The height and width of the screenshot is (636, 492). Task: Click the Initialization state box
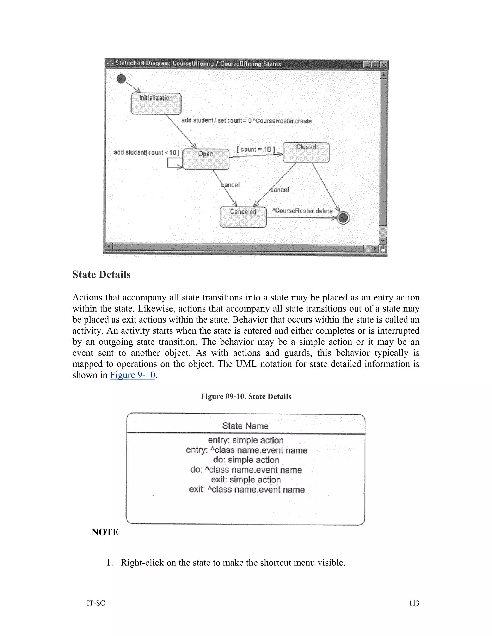coord(156,104)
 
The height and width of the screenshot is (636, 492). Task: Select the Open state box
coord(206,159)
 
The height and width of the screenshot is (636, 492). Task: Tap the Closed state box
coord(306,152)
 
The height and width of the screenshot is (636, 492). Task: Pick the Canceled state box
coord(243,217)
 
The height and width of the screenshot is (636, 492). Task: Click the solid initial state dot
coord(121,79)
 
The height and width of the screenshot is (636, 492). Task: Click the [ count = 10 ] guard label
coord(256,149)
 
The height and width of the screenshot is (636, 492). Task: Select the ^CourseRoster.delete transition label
coord(302,210)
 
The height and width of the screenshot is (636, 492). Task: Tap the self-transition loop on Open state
coord(172,163)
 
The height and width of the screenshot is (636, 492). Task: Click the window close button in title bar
coord(384,64)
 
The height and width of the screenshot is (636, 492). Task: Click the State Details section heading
coord(101,275)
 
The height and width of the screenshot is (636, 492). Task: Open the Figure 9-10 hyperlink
coord(132,375)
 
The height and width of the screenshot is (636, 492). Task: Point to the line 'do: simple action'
coord(246,460)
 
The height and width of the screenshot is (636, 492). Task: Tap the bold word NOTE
coord(105,532)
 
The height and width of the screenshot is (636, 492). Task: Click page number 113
coord(414,603)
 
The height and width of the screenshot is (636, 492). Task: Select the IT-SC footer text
coord(96,603)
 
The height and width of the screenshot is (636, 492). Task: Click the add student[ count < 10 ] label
coord(146,152)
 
